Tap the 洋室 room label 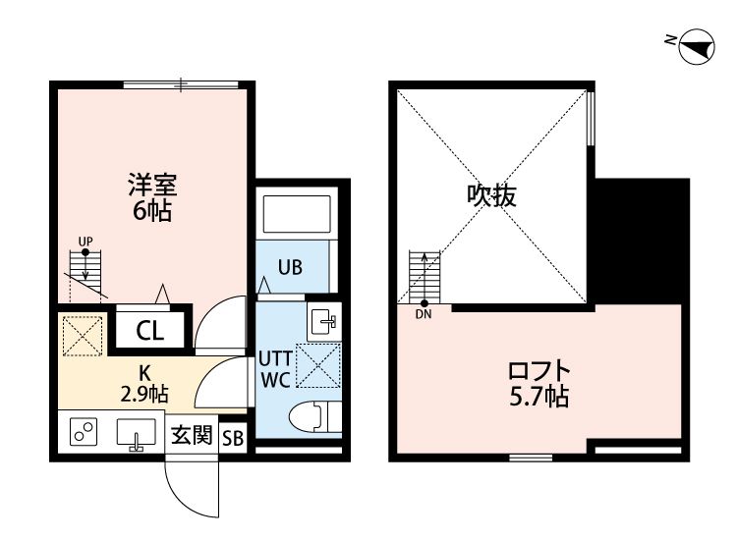152,185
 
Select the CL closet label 150,331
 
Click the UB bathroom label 290,267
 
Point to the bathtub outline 297,214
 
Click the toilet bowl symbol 314,417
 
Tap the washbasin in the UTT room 324,322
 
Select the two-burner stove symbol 84,432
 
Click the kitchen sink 136,433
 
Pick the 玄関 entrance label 192,435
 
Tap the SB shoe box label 233,438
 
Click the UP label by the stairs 85,242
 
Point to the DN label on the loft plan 424,314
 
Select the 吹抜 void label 491,195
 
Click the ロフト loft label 539,371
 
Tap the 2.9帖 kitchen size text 144,395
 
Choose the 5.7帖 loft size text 539,397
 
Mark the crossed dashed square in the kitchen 83,336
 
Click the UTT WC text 275,369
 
